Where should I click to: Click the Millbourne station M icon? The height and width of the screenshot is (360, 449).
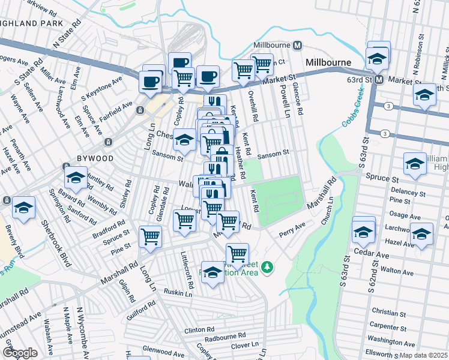coord(297,46)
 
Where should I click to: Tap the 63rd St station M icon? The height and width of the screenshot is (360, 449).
coord(379,79)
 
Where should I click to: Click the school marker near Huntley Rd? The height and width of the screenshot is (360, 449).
coord(76,178)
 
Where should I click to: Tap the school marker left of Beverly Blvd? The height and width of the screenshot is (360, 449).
coord(23,208)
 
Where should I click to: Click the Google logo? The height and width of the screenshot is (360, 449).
coord(20,352)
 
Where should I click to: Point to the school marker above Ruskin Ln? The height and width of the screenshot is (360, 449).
coord(212,273)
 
